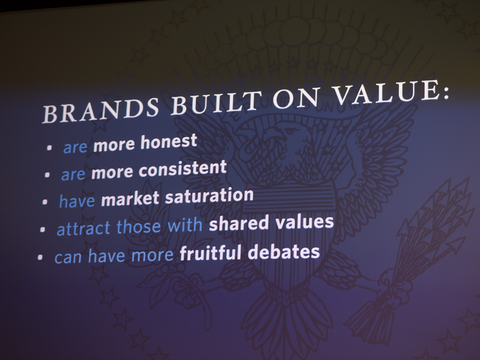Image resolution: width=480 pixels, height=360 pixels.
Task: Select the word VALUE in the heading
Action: tap(382, 91)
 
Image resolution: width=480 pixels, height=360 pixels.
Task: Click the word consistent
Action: tap(183, 169)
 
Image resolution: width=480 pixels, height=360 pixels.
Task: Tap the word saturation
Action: tap(209, 196)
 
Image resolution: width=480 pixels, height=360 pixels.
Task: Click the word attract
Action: tap(83, 228)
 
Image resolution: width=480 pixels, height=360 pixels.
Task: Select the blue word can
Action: tap(68, 258)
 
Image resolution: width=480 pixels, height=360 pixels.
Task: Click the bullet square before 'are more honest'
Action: tap(49, 148)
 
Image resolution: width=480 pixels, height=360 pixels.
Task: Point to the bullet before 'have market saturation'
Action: tap(45, 202)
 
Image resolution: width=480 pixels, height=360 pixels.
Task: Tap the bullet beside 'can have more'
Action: tap(40, 257)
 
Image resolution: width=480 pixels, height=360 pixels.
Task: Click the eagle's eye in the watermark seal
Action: tap(290, 131)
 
